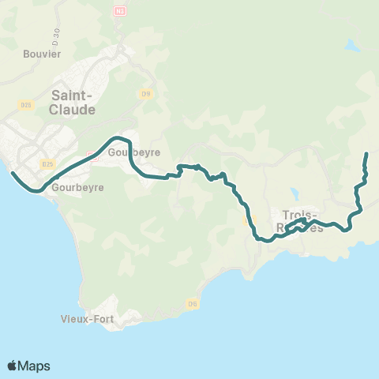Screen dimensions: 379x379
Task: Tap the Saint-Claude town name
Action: pos(73,102)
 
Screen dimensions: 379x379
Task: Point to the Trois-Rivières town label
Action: pos(300,221)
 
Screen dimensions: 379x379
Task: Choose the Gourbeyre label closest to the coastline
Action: pos(73,189)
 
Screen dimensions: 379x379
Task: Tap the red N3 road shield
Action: pos(121,12)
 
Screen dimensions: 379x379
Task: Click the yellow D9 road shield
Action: pos(145,94)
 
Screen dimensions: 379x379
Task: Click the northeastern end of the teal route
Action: pos(366,153)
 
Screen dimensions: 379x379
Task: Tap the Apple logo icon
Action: pos(13,366)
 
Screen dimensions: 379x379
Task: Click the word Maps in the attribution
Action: pos(35,366)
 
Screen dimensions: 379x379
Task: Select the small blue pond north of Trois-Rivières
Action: pos(294,193)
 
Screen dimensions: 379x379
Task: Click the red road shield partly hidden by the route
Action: pos(92,156)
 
